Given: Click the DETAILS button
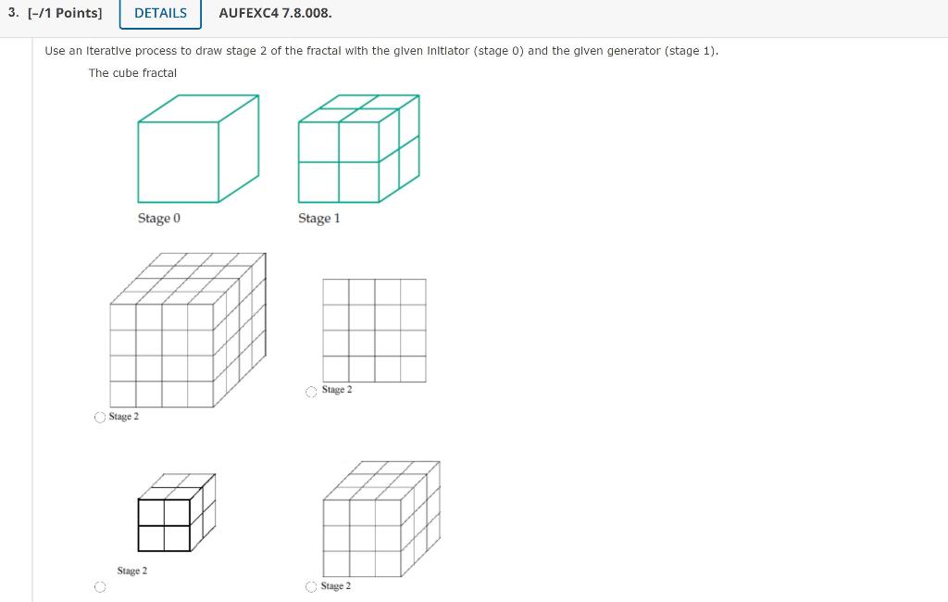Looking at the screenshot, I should click(160, 13).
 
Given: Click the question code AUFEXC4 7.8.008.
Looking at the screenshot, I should click(275, 13).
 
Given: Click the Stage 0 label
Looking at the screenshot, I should click(159, 219).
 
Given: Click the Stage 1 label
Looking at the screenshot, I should click(319, 219).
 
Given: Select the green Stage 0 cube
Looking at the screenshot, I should click(197, 148).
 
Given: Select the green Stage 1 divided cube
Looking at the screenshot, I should click(358, 148).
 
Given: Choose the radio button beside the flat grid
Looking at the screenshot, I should click(312, 392).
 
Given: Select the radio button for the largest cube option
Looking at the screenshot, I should click(99, 418).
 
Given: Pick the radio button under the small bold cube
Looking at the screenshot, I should click(99, 587).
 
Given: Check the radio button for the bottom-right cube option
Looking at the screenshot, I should click(312, 587).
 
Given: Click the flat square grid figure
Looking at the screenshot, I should click(374, 330).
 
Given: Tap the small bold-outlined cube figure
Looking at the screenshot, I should click(175, 514).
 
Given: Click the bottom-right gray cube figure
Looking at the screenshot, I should click(380, 519).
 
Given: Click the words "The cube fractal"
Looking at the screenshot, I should click(132, 72).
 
